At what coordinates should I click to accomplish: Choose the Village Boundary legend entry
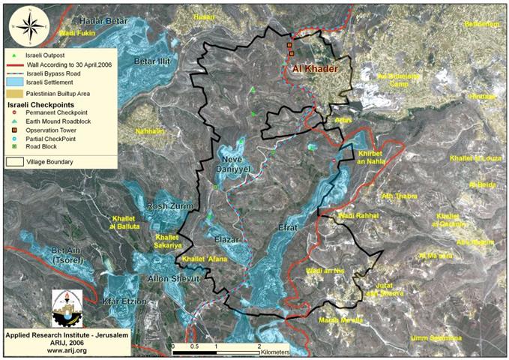click(52, 160)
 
